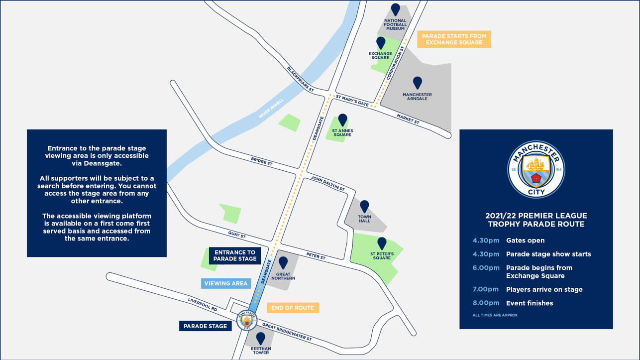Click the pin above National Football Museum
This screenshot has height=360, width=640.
(x=395, y=9)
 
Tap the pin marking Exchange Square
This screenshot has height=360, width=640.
(x=381, y=43)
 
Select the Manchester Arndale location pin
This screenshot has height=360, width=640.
(x=417, y=83)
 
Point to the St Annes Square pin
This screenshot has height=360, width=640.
(x=342, y=120)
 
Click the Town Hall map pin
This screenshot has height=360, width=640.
(x=364, y=206)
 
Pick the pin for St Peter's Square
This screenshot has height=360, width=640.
(x=382, y=243)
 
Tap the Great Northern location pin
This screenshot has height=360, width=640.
(x=283, y=262)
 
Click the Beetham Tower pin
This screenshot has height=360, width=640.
(x=261, y=339)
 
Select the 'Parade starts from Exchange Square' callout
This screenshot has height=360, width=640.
(x=454, y=39)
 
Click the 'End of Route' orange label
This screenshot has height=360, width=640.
(x=293, y=308)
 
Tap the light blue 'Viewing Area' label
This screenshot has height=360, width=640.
(x=226, y=283)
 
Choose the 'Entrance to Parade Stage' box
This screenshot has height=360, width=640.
(x=235, y=255)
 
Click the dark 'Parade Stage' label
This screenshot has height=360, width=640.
(x=205, y=326)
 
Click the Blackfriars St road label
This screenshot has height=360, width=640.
(x=301, y=79)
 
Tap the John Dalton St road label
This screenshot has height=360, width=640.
(x=327, y=183)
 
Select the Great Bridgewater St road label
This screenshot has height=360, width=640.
(x=287, y=332)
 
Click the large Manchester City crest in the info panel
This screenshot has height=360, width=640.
(x=536, y=169)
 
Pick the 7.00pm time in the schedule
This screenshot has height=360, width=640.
(x=486, y=289)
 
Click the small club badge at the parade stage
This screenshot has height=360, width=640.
(x=246, y=320)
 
